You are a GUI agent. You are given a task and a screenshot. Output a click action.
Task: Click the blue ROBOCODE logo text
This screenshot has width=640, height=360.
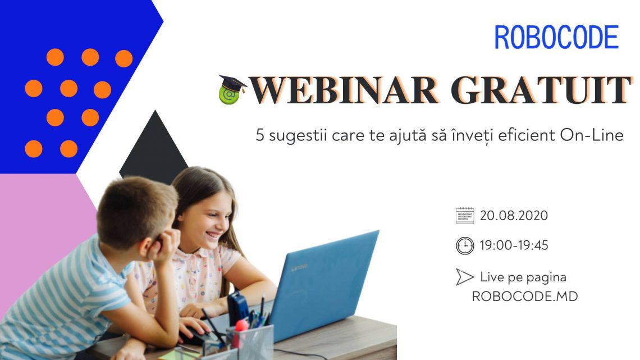point(556,37)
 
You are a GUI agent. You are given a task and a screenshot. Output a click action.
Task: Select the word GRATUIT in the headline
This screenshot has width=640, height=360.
point(541,90)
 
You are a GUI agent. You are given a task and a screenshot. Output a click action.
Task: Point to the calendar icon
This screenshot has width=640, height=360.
point(465,216)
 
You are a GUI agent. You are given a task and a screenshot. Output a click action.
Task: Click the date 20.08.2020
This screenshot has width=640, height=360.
point(514,216)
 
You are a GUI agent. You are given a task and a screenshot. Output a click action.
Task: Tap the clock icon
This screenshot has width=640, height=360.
point(465,246)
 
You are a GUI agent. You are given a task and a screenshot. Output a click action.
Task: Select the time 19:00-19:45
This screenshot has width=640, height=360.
point(514,245)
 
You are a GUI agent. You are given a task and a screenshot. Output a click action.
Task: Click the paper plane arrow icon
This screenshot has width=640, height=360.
point(464,277)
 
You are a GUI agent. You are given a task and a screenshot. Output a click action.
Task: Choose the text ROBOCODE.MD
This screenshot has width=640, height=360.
point(525,297)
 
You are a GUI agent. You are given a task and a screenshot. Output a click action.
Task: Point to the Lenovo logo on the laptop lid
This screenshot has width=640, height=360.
point(299,267)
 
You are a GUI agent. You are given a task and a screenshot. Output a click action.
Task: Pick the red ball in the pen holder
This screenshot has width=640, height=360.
point(241,325)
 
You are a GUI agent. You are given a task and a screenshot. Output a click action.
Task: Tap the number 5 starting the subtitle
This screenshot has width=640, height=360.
point(260,135)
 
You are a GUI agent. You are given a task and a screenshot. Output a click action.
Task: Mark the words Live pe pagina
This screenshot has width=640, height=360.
point(523,277)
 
